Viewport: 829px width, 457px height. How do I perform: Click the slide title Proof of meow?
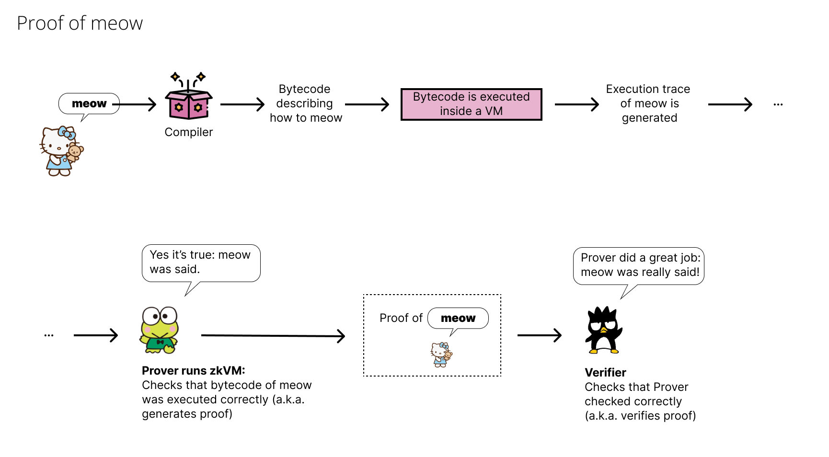pyautogui.click(x=80, y=23)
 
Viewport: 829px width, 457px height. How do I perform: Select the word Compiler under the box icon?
pyautogui.click(x=188, y=132)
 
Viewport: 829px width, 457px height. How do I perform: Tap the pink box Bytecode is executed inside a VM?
pyautogui.click(x=471, y=104)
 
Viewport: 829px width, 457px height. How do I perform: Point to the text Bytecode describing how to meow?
pyautogui.click(x=306, y=103)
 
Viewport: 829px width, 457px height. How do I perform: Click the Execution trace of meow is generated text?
pyautogui.click(x=648, y=103)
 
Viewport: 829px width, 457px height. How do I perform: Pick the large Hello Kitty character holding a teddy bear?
pyautogui.click(x=61, y=151)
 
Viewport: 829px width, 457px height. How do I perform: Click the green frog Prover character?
pyautogui.click(x=160, y=331)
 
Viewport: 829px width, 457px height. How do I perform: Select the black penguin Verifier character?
pyautogui.click(x=603, y=331)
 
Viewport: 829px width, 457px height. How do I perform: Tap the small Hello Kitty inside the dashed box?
pyautogui.click(x=441, y=354)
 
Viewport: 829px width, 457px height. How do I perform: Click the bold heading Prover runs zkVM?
pyautogui.click(x=193, y=370)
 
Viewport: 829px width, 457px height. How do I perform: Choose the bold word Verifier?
pyautogui.click(x=605, y=373)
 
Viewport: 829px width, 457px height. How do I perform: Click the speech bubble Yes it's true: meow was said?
pyautogui.click(x=201, y=263)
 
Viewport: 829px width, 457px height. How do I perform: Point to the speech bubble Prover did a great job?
pyautogui.click(x=639, y=265)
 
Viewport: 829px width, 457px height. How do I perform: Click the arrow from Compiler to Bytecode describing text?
pyautogui.click(x=242, y=104)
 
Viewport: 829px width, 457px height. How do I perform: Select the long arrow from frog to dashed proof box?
pyautogui.click(x=273, y=336)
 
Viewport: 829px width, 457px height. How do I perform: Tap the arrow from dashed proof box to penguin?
pyautogui.click(x=539, y=335)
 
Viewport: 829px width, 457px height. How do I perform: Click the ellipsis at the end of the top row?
pyautogui.click(x=778, y=104)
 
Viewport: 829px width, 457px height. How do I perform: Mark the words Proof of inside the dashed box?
pyautogui.click(x=401, y=318)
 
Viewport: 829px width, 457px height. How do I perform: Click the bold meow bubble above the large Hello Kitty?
pyautogui.click(x=89, y=103)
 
